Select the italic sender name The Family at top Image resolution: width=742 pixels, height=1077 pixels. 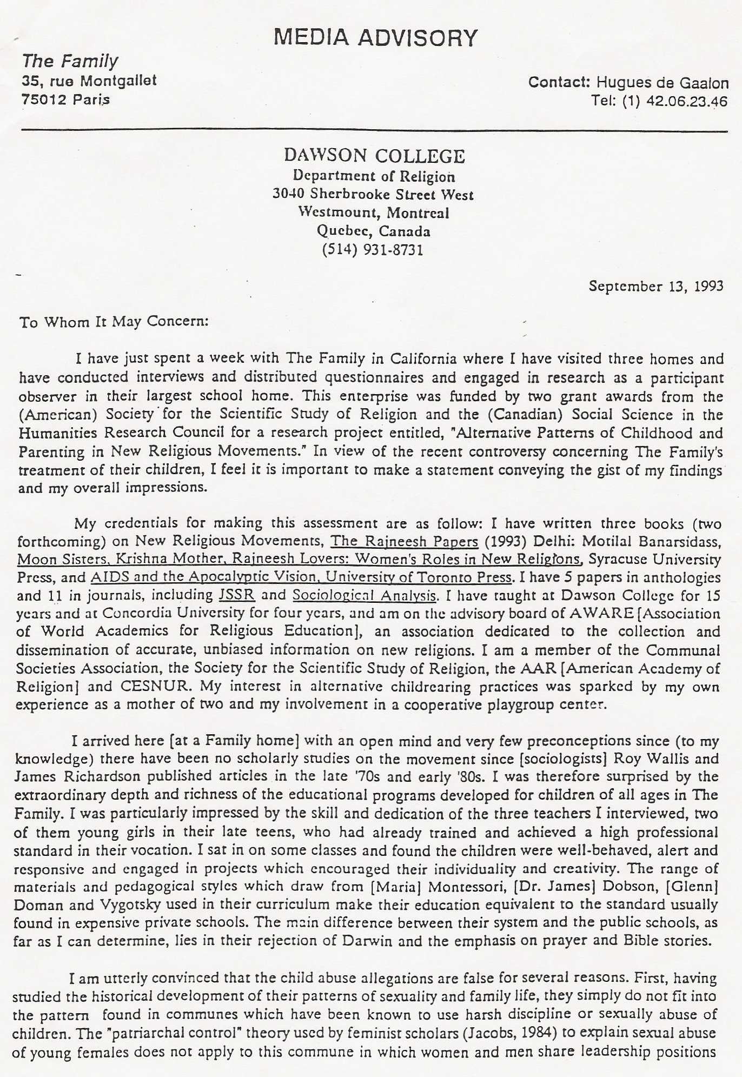tap(70, 61)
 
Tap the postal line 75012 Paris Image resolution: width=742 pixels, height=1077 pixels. tap(65, 99)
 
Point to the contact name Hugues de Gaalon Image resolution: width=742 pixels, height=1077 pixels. tap(662, 83)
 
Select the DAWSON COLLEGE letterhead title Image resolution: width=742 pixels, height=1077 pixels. tap(374, 156)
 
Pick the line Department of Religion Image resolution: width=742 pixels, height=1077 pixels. tap(374, 176)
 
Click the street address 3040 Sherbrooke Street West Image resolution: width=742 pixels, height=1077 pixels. tap(373, 195)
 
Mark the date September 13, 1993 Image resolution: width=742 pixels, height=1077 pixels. tap(655, 285)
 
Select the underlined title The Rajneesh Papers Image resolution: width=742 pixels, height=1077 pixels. tap(404, 541)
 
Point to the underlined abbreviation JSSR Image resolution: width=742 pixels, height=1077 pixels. tap(234, 595)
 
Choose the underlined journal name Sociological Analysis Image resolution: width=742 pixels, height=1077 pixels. tap(364, 595)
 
